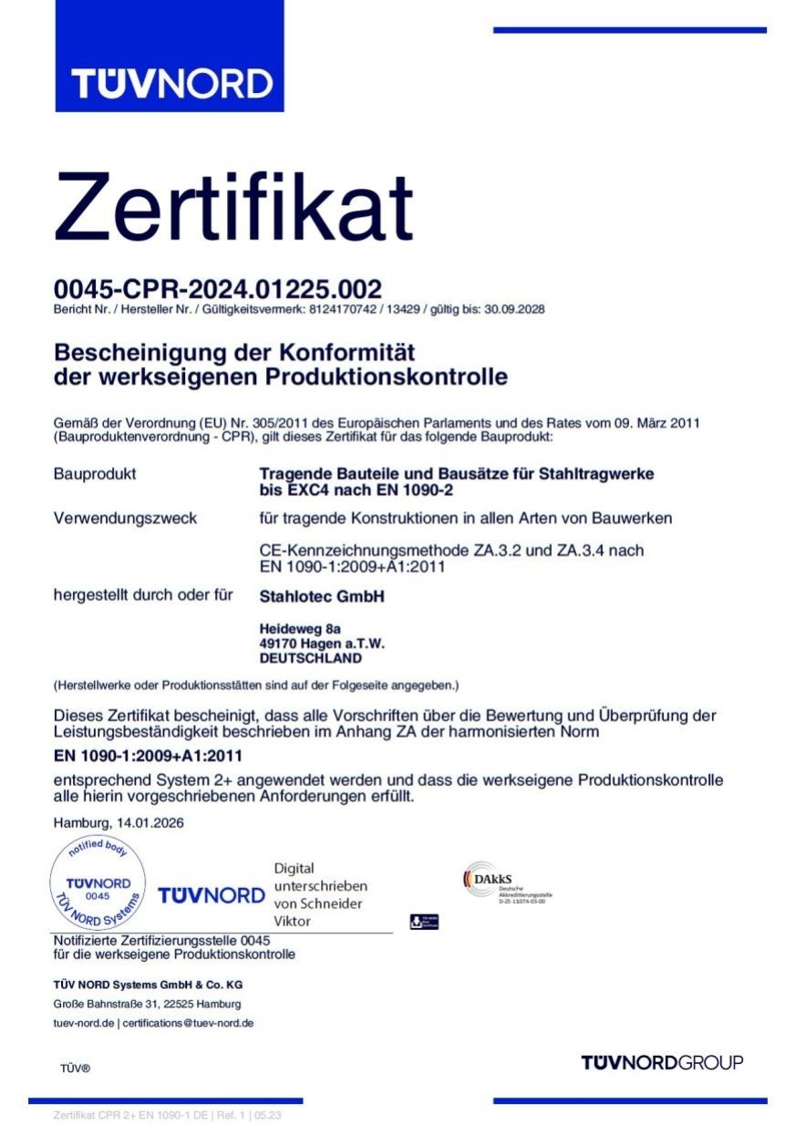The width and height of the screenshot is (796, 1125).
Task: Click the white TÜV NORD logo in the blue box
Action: (171, 84)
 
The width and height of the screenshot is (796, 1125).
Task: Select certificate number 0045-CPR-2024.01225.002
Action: (217, 290)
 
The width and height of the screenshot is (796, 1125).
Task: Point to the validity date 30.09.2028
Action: (513, 310)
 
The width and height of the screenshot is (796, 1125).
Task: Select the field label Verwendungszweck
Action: (125, 519)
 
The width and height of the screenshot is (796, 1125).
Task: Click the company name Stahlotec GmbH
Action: (322, 597)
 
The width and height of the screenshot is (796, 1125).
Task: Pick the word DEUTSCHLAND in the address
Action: (310, 658)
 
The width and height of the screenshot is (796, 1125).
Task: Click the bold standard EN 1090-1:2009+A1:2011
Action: (149, 756)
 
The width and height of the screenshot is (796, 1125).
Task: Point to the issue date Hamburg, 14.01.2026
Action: (119, 822)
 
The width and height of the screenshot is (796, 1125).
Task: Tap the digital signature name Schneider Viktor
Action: (320, 913)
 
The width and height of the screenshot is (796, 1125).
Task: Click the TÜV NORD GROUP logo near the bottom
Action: (662, 1062)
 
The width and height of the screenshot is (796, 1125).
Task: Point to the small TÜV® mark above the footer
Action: (76, 1068)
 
